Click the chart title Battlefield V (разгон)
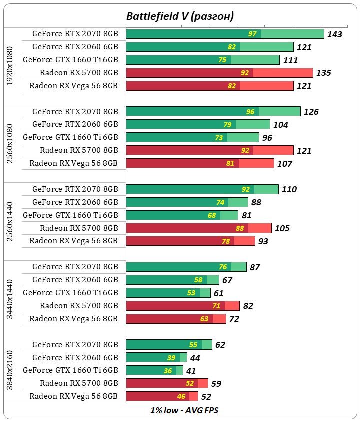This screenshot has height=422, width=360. (x=180, y=16)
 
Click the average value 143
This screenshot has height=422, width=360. (x=334, y=34)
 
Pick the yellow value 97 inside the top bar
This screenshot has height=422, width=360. (x=252, y=34)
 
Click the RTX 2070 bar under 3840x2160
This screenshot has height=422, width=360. (x=169, y=344)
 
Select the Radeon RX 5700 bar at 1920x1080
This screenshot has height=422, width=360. (x=219, y=73)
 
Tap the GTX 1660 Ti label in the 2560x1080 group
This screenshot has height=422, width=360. (x=70, y=137)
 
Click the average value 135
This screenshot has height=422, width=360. (x=324, y=73)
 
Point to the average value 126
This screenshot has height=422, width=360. (x=311, y=112)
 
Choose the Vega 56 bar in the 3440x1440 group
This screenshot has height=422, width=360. (x=176, y=319)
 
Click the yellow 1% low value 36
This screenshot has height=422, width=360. (x=168, y=371)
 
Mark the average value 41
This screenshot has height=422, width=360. (x=191, y=371)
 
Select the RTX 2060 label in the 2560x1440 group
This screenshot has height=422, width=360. (x=75, y=202)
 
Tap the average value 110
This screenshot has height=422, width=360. (x=289, y=189)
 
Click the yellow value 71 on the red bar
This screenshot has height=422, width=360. (x=217, y=306)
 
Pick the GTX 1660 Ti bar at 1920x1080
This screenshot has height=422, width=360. (x=202, y=60)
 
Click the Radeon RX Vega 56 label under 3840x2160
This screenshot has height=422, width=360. (x=73, y=396)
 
